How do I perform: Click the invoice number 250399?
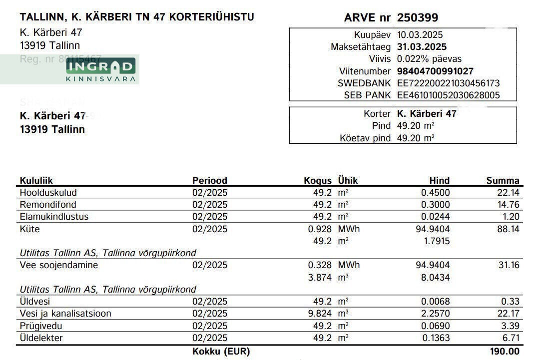tap(417, 18)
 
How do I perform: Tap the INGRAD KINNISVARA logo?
tap(101, 70)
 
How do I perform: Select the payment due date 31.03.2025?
tap(422, 47)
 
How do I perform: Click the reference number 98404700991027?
tap(435, 71)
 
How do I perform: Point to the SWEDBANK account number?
tap(448, 83)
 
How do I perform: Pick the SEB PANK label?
tap(367, 95)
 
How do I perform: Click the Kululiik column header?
tap(36, 181)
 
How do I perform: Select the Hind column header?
tap(439, 181)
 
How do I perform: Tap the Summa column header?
tap(503, 181)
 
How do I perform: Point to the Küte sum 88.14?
tap(509, 229)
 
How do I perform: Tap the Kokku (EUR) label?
tap(221, 352)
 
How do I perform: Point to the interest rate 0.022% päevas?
tap(429, 59)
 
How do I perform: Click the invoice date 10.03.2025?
tap(420, 35)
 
